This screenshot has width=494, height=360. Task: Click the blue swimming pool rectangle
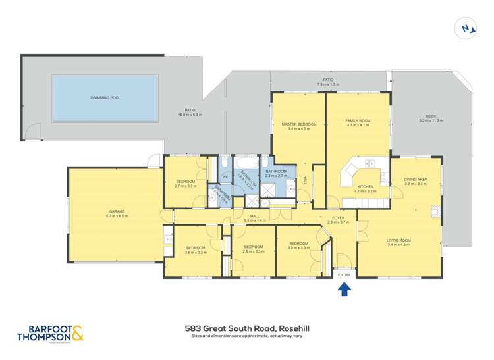click(105, 98)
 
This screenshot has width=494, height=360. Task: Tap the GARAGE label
click(115, 211)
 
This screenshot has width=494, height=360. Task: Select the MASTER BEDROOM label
click(298, 124)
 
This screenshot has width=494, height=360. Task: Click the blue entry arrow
click(344, 288)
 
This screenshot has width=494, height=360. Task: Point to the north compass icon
click(466, 28)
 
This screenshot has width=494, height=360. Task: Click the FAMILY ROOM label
click(358, 120)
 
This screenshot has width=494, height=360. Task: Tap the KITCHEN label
click(366, 186)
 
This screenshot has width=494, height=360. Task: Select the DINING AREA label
click(416, 180)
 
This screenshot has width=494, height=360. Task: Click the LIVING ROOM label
click(398, 240)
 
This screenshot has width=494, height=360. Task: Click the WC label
click(224, 177)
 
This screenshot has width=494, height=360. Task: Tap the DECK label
click(431, 116)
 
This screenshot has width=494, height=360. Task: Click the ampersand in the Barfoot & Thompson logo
click(77, 334)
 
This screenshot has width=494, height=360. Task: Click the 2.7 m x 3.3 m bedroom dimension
click(186, 186)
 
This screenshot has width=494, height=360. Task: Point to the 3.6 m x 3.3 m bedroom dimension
click(196, 252)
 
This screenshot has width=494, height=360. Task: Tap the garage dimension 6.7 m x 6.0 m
click(115, 216)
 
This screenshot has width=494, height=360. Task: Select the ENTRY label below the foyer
click(344, 275)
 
